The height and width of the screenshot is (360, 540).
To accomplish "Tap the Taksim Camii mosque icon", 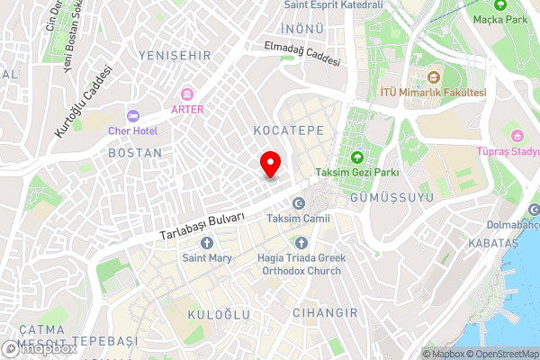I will (x=300, y=202).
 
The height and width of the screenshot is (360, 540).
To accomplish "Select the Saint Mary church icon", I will (x=207, y=243).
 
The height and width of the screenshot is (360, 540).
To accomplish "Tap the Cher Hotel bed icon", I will (x=133, y=115).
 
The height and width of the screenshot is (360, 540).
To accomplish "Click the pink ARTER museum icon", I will (x=187, y=94).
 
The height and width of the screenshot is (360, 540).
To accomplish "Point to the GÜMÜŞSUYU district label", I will (x=393, y=196).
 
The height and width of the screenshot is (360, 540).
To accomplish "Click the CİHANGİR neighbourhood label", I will (x=325, y=312).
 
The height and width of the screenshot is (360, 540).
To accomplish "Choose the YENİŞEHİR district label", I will (x=175, y=55).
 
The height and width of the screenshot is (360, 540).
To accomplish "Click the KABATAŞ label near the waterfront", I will (x=493, y=244).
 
